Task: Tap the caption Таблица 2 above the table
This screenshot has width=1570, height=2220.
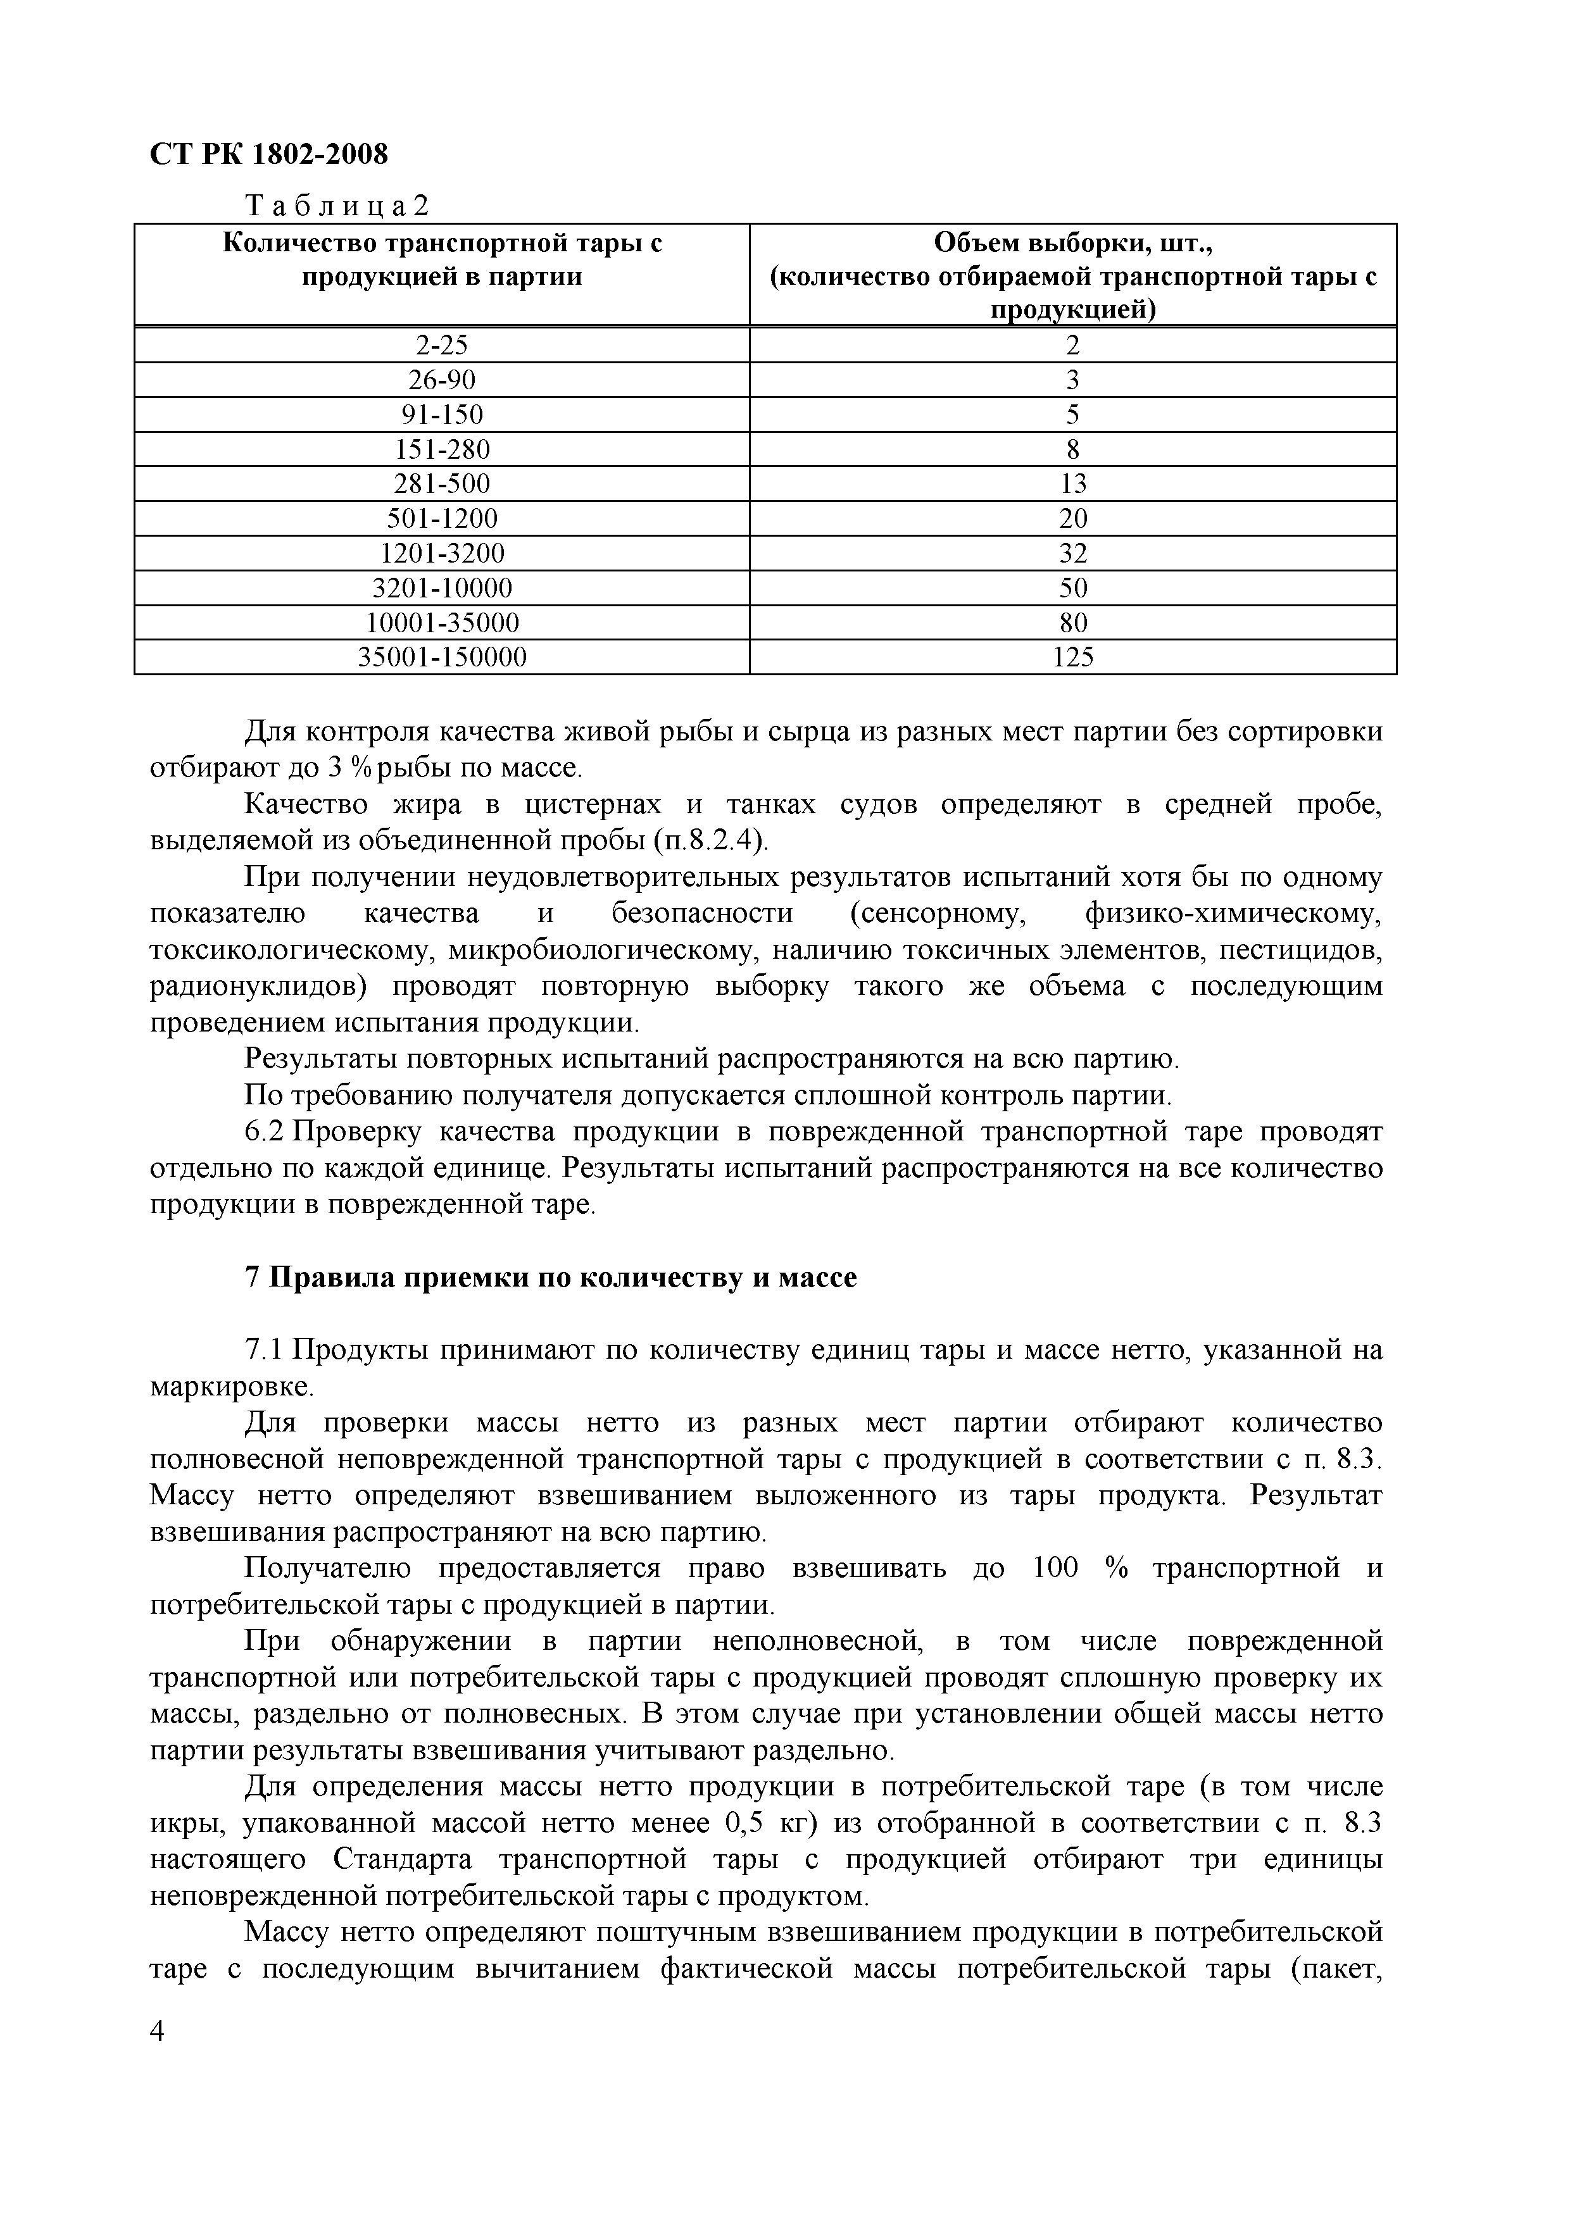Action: [x=337, y=206]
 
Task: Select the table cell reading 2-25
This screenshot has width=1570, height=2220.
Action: [x=442, y=345]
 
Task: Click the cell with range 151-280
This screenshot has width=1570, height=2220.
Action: [x=442, y=449]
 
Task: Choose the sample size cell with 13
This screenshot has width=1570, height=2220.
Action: [x=1073, y=483]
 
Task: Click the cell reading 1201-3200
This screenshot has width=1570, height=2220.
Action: [x=442, y=553]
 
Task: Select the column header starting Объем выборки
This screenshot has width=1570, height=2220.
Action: [x=1073, y=275]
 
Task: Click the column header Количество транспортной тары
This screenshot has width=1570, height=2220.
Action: [x=442, y=259]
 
